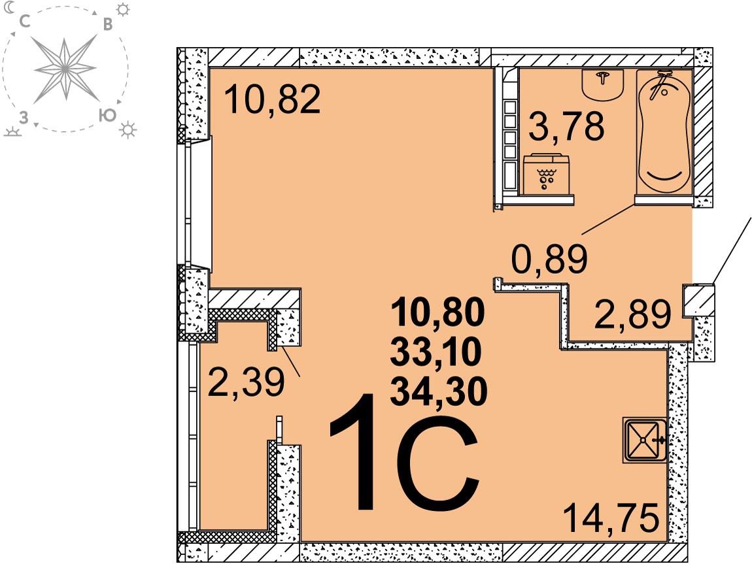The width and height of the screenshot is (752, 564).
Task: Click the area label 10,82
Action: (273, 99)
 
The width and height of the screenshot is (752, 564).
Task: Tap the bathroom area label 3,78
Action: (566, 127)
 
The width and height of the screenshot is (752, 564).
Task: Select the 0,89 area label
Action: (549, 259)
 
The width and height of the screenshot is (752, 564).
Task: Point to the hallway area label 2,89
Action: (632, 314)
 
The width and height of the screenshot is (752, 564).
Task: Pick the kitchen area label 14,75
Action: (611, 518)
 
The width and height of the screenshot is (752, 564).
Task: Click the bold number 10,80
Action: (438, 311)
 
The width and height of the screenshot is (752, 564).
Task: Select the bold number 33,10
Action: (436, 352)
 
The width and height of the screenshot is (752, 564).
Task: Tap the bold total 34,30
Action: (439, 391)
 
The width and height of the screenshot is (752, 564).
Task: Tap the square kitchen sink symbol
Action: (645, 440)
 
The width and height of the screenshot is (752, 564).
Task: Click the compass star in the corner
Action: (65, 69)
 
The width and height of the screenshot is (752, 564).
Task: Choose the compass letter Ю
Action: (107, 115)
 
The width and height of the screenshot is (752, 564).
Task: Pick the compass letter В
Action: (109, 24)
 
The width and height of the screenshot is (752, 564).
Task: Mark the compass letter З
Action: (23, 118)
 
